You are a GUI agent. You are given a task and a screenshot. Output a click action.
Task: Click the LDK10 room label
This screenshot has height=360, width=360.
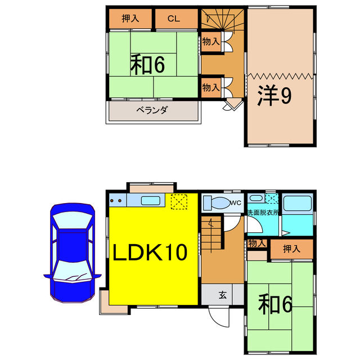150,253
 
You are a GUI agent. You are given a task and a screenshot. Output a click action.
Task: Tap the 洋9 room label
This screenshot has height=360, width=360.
274,96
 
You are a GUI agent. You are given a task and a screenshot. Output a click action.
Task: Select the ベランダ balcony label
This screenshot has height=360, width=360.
152,110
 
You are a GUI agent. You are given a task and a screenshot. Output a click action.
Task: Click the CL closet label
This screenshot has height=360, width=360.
173,19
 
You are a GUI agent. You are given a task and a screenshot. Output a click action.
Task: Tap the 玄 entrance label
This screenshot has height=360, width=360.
223,294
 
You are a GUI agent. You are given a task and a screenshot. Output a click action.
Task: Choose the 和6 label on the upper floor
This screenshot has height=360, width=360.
147,65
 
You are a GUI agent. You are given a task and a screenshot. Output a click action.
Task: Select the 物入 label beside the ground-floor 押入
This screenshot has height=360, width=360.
256,243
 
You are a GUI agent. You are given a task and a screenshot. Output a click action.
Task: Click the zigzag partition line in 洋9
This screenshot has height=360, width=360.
280,76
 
